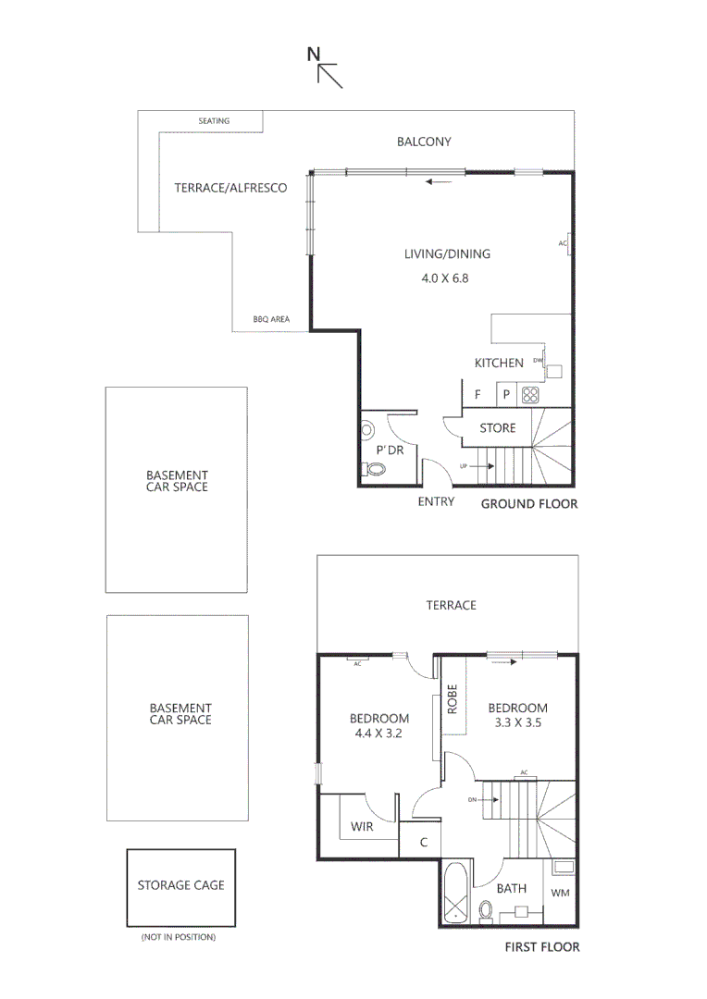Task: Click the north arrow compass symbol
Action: pos(326,68)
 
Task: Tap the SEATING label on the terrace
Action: pos(214,121)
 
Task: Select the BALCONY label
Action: pos(424,142)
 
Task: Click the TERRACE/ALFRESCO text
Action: pos(230,188)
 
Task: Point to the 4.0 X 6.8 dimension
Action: pos(446,277)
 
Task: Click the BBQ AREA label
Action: pos(271,319)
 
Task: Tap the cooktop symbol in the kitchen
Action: pos(531,394)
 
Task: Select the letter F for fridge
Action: pos(478,394)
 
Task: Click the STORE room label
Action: pos(497,428)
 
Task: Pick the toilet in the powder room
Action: pos(375,469)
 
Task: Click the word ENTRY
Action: pos(436,502)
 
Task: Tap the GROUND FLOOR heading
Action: pos(528,504)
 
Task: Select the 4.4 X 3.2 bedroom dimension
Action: pos(378,736)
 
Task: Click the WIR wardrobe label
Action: pos(362,826)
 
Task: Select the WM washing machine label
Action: pos(561,893)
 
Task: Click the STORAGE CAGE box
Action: pos(180,885)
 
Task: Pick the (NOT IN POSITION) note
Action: pos(179,937)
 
